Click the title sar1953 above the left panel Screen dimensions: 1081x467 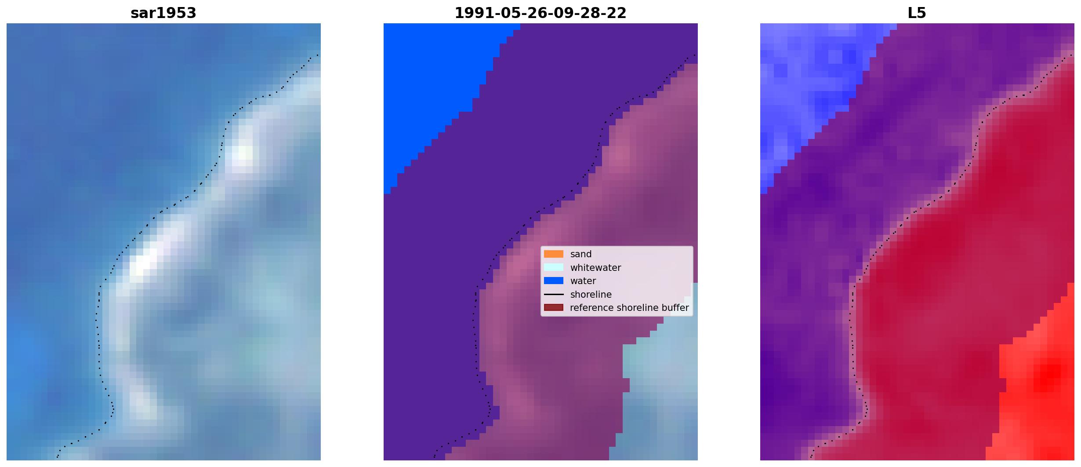[163, 13]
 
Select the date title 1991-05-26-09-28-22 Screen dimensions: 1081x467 [540, 13]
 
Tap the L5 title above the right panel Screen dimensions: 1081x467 [917, 13]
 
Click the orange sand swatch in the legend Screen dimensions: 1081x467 [554, 254]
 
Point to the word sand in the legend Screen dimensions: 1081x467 [581, 254]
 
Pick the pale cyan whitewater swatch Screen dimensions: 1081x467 [554, 267]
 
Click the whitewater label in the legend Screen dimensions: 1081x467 [595, 268]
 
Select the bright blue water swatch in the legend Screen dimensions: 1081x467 [554, 281]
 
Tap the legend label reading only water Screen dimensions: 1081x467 [583, 281]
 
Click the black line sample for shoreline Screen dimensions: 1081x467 [554, 295]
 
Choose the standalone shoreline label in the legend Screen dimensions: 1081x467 [591, 295]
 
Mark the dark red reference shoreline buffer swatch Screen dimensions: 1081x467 [554, 308]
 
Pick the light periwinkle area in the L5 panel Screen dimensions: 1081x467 [809, 88]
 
